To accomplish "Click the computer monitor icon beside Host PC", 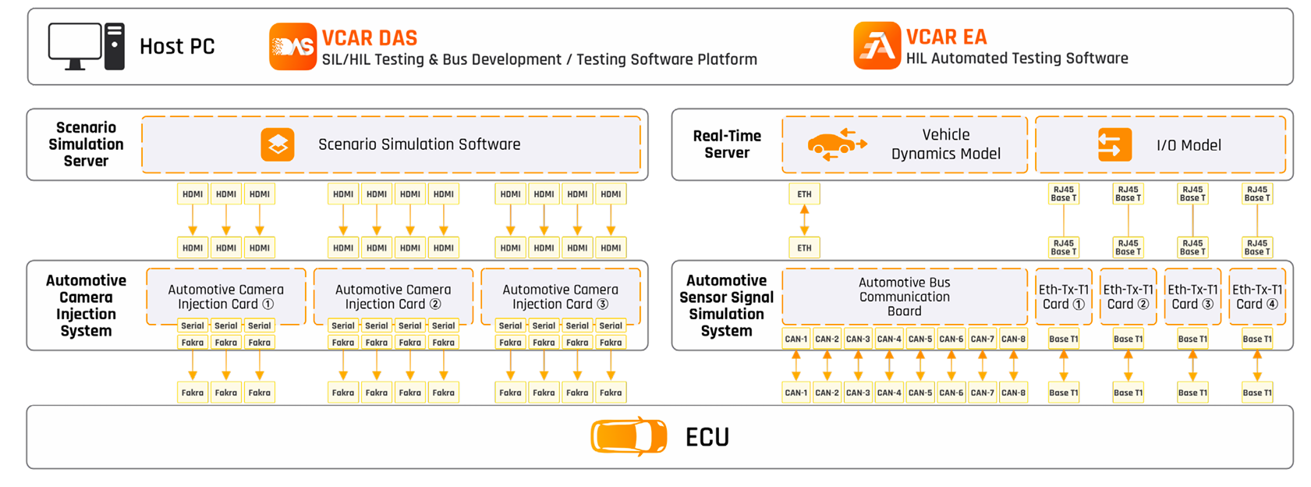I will coord(75,45).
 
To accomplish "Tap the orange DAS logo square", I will coord(292,47).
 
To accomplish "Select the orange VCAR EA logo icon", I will coord(877,46).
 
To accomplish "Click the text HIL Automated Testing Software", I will coord(1016,59).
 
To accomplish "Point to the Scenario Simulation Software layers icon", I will coord(278,145).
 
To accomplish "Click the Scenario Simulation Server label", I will coord(86,144).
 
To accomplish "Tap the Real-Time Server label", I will coord(727,144).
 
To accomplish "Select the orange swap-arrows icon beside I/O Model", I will coord(1114,145).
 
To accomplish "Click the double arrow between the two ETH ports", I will coord(804,221).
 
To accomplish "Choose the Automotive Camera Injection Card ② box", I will coord(393,297).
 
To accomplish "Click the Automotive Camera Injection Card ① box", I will coord(225,297).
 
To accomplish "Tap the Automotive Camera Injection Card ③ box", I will coord(560,297).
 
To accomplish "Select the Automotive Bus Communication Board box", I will coord(904,297).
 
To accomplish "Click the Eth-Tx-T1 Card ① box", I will coord(1063,297).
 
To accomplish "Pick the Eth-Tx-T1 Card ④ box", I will coord(1256,297).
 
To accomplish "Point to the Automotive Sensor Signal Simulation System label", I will coord(726,305).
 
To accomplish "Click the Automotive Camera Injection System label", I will coord(86,305).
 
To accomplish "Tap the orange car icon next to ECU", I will coord(629,436).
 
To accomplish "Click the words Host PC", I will coord(177,47).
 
